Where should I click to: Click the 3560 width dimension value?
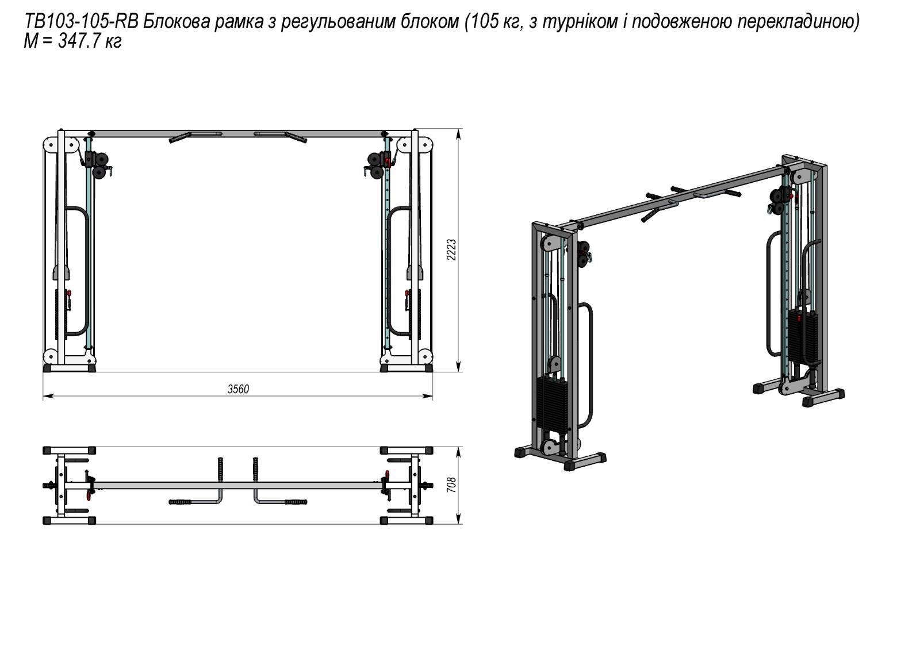[x=238, y=389]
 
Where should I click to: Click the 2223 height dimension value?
[x=452, y=250]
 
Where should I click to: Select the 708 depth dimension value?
[x=452, y=486]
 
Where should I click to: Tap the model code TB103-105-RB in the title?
[x=80, y=22]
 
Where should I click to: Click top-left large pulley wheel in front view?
[x=51, y=144]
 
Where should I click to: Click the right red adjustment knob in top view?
[x=386, y=475]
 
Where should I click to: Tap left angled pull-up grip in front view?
[x=178, y=138]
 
